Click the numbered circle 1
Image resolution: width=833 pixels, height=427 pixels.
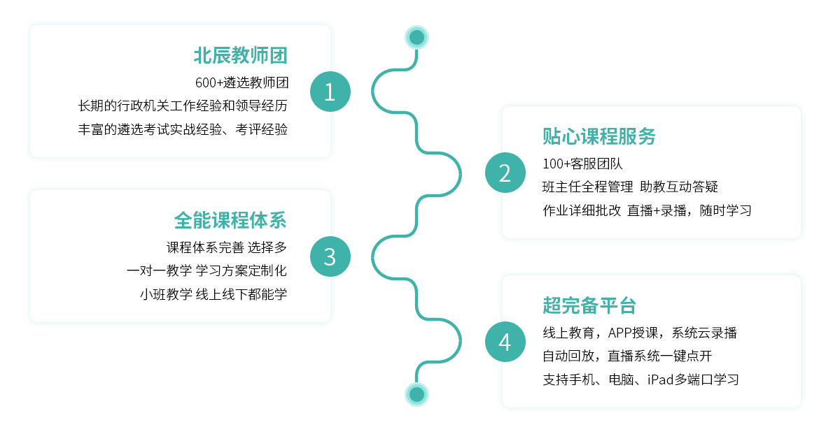[330, 92]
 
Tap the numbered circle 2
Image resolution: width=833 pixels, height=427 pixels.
[505, 173]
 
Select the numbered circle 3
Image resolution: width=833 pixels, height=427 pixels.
[330, 256]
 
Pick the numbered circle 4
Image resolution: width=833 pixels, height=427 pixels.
[505, 342]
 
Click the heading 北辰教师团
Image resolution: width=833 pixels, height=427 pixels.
[241, 55]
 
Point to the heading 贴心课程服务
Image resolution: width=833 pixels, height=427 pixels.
[599, 136]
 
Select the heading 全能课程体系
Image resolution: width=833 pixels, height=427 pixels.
[230, 220]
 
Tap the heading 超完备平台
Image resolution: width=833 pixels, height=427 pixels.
[589, 305]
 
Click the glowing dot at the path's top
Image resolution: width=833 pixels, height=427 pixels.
[417, 37]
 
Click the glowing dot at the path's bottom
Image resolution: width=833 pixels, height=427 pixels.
[417, 394]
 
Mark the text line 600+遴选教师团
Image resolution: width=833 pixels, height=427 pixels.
[241, 82]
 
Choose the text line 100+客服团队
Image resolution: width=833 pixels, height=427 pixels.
[582, 164]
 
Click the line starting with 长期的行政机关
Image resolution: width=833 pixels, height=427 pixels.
[183, 106]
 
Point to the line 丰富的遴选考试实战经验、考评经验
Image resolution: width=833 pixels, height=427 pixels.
[183, 129]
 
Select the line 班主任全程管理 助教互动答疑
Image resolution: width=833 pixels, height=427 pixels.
[630, 187]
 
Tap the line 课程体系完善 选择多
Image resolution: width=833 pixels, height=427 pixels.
[227, 247]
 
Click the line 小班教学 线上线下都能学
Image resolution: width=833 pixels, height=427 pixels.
[213, 294]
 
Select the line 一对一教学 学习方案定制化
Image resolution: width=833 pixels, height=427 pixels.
[206, 270]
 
